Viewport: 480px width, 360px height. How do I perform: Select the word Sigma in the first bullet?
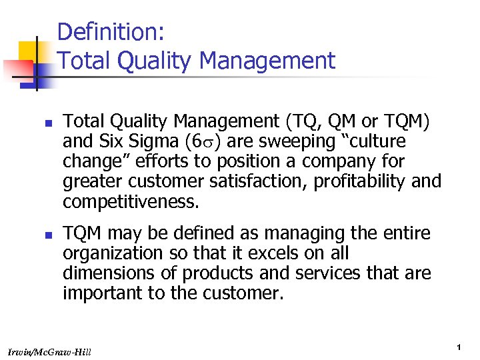[x=149, y=143]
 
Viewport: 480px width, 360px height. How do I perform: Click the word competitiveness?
[x=131, y=201]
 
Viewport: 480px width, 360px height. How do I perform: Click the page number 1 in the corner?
[x=460, y=347]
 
